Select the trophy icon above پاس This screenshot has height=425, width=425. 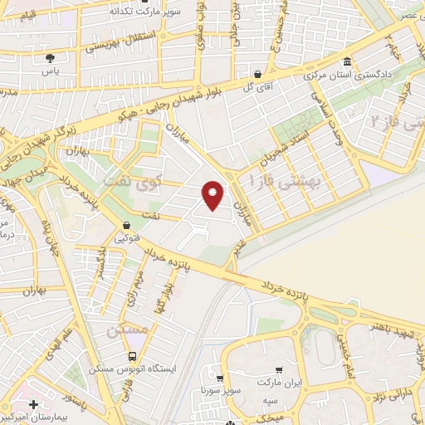50,58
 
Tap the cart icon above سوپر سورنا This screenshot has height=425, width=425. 219,376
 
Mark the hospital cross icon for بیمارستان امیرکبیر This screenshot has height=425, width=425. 33,403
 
